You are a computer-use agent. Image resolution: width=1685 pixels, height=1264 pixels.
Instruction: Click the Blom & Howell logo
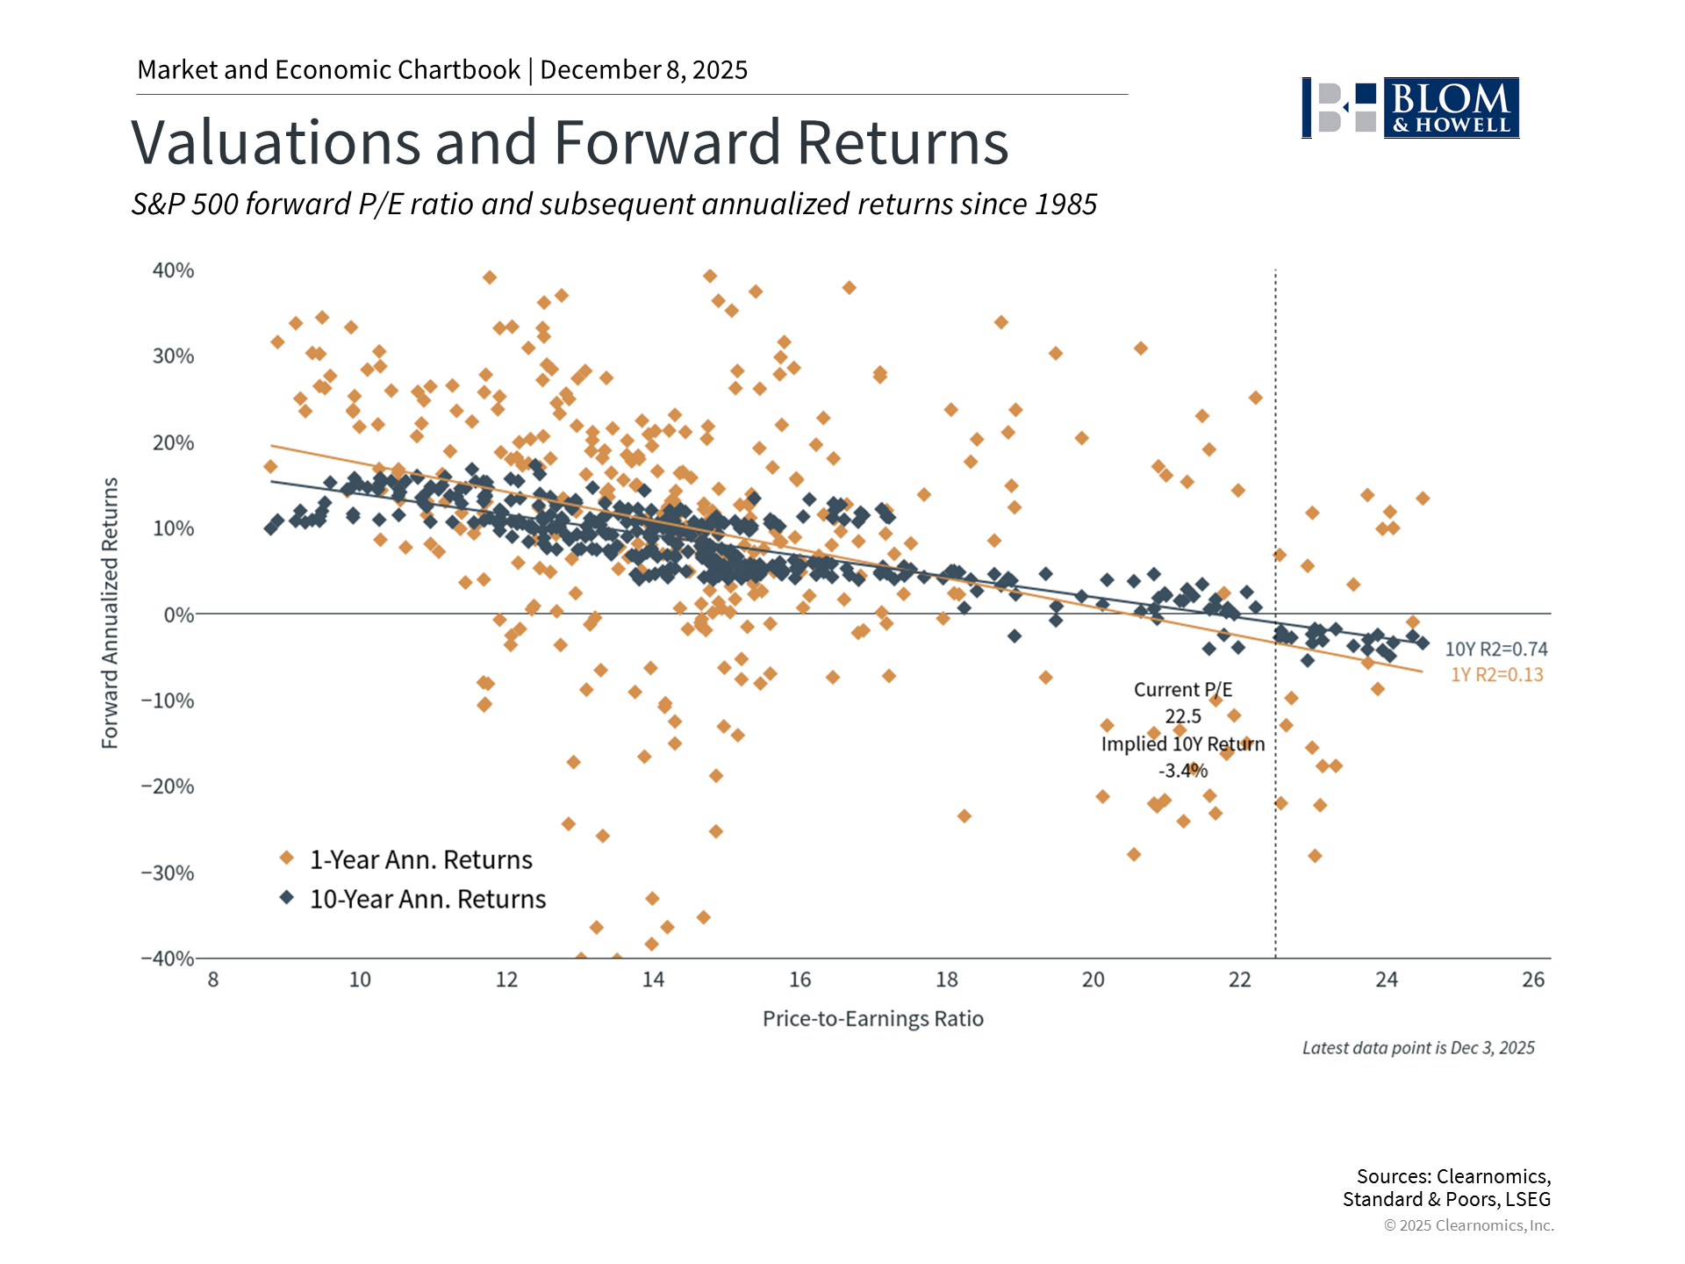coord(1410,108)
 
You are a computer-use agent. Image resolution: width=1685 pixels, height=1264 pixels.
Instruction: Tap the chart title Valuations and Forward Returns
coord(570,142)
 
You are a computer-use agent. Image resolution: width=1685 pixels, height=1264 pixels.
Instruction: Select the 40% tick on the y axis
coord(173,270)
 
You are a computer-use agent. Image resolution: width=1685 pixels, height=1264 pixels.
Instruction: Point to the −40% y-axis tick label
coord(168,958)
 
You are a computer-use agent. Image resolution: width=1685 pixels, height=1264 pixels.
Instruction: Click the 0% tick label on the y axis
coord(178,615)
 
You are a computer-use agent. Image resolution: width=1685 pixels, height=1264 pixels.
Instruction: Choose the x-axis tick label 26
coord(1532,980)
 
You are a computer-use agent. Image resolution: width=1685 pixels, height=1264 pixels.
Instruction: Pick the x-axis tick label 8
coord(213,980)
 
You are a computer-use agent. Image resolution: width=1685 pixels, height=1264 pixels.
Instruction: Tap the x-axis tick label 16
coord(799,980)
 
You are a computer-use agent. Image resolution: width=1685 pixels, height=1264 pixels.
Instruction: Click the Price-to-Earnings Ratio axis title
coord(872,1018)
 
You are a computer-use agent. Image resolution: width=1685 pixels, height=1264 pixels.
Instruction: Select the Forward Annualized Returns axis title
coord(110,613)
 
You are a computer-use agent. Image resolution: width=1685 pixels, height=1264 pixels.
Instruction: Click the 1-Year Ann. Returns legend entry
coord(420,859)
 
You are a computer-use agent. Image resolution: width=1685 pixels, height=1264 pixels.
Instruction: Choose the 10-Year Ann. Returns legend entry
coord(427,899)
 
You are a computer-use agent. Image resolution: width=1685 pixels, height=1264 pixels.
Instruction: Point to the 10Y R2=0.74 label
coord(1495,650)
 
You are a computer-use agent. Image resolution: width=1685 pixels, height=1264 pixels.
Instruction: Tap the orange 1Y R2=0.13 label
coord(1496,675)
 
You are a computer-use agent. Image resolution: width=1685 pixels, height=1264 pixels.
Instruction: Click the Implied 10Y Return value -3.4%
coord(1183,771)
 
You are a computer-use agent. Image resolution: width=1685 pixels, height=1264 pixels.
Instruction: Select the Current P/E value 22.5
coord(1183,716)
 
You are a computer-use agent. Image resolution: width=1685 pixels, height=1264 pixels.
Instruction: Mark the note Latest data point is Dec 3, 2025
coord(1417,1048)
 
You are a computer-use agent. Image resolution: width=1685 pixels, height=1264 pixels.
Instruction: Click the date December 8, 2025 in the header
coord(643,70)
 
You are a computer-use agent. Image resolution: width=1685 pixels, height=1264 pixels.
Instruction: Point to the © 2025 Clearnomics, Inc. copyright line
coord(1468,1225)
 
